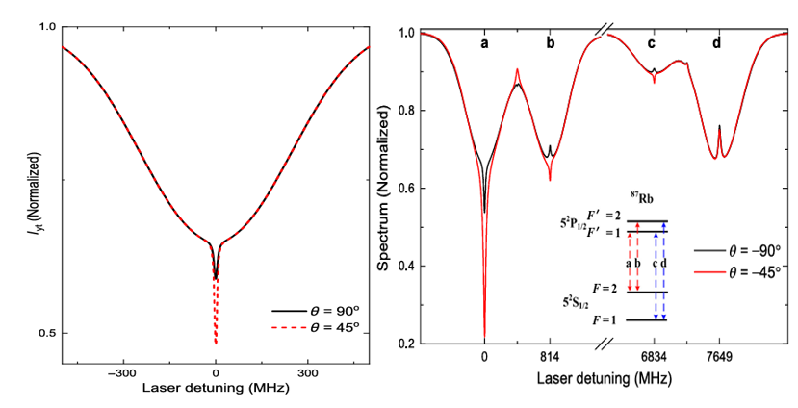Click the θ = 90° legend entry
click(x=317, y=312)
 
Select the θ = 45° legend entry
click(x=317, y=327)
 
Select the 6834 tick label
click(x=655, y=356)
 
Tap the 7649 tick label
click(x=720, y=356)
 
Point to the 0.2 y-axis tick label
click(x=404, y=344)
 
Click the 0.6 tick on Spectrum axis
click(x=404, y=189)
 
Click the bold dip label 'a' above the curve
click(x=484, y=43)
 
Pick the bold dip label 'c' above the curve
click(x=652, y=43)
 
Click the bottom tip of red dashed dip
click(x=216, y=344)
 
